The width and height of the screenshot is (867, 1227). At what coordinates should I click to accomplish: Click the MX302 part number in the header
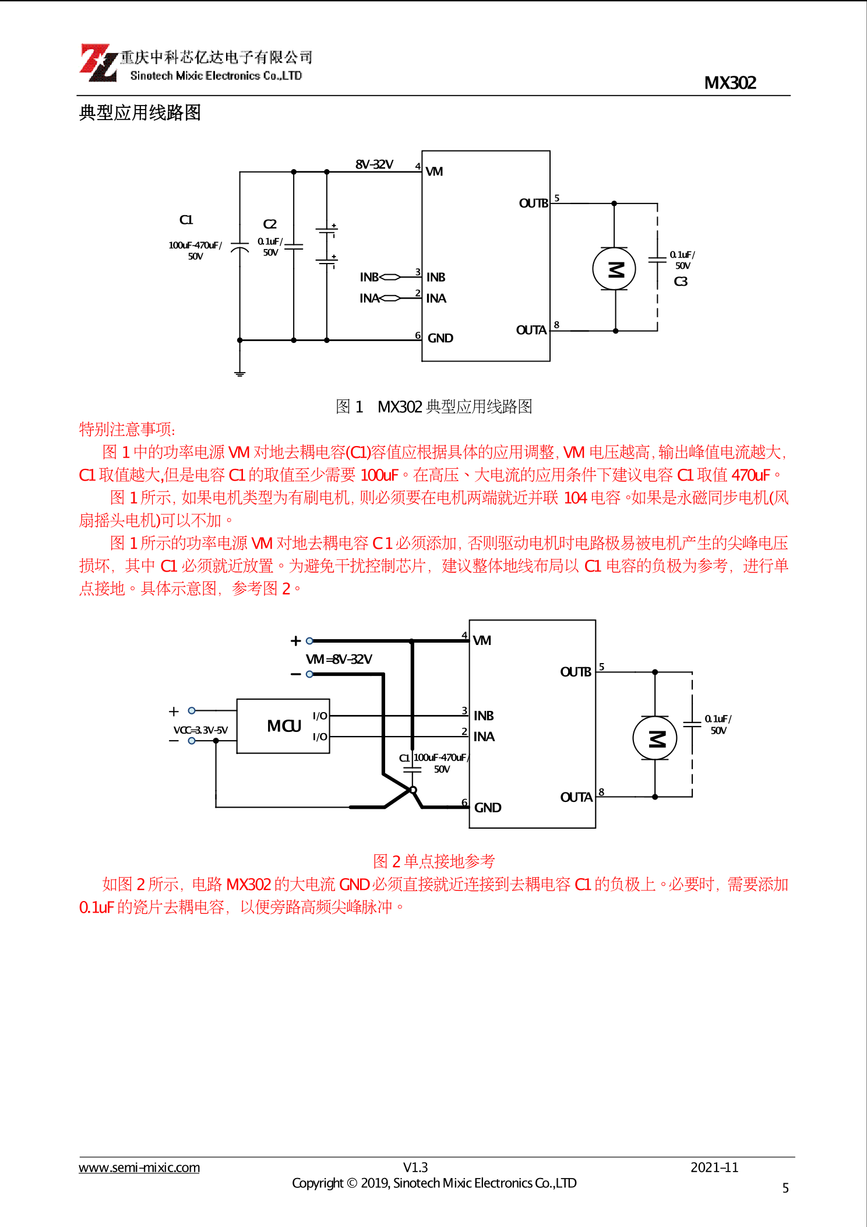click(x=729, y=83)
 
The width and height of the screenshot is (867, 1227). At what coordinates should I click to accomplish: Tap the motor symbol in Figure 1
click(x=614, y=269)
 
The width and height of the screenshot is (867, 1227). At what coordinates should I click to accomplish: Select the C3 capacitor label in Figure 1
click(x=681, y=282)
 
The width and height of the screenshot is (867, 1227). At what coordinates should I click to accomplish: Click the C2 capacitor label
click(x=270, y=225)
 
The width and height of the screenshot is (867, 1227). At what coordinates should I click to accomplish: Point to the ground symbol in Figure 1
click(x=239, y=373)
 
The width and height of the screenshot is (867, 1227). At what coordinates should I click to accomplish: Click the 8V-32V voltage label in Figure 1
click(x=374, y=164)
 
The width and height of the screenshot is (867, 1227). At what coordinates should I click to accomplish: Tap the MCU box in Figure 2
click(x=283, y=726)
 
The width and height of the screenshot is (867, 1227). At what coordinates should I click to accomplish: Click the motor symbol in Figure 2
click(x=655, y=738)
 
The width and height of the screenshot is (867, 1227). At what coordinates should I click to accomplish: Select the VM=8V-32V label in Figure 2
click(x=339, y=659)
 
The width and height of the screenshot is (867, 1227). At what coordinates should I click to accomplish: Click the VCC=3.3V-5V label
click(x=200, y=730)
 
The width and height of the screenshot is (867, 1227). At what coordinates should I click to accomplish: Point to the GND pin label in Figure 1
click(x=440, y=338)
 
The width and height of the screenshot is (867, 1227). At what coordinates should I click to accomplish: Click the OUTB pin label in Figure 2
click(x=575, y=672)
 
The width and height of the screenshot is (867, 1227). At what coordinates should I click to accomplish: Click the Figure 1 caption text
click(x=433, y=406)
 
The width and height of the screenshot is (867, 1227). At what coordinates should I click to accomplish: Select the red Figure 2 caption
click(x=433, y=861)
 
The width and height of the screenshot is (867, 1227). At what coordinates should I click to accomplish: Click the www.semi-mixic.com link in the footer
click(x=139, y=1168)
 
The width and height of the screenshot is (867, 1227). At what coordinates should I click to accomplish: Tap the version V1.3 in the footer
click(x=415, y=1167)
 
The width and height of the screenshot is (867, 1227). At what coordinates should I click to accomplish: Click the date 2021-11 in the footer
click(x=714, y=1167)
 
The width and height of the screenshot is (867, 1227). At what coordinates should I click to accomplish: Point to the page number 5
click(x=785, y=1188)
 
